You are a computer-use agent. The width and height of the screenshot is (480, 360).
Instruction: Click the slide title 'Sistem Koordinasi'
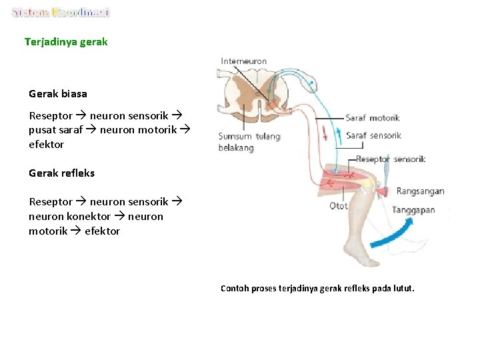(x=61, y=13)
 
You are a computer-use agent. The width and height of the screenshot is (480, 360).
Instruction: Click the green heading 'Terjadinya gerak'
(x=66, y=42)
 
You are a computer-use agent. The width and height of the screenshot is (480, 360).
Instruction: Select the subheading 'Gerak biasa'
(x=58, y=94)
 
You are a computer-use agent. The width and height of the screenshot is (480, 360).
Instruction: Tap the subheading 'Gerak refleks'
(x=62, y=173)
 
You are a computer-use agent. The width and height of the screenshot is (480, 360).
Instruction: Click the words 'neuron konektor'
(x=69, y=217)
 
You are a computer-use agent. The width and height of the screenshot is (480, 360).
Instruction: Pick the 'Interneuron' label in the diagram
(x=244, y=61)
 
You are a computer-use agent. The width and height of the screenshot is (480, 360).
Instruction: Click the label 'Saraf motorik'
(x=372, y=118)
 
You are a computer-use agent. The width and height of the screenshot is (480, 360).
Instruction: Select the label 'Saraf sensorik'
(x=373, y=135)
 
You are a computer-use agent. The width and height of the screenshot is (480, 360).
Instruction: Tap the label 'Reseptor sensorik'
(x=391, y=159)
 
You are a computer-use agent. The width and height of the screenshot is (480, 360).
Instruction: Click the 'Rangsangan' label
(x=420, y=191)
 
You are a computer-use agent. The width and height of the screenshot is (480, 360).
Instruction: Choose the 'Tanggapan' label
(x=413, y=210)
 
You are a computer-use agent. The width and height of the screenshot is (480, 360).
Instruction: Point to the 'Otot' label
(x=339, y=206)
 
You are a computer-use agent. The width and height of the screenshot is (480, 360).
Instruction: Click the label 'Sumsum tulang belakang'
(x=249, y=142)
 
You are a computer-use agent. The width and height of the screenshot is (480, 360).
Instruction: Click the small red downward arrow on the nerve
(x=325, y=133)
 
